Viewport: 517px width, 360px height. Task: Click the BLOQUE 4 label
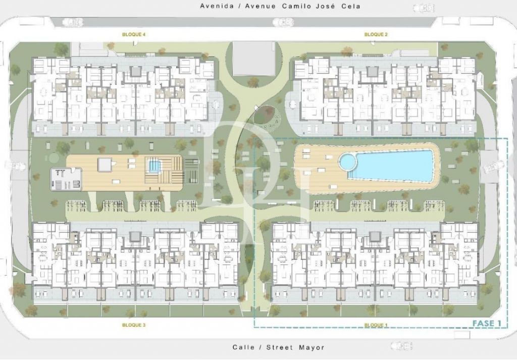click(133, 34)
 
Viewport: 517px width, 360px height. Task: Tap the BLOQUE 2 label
click(376, 34)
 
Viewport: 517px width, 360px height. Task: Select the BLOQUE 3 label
click(133, 325)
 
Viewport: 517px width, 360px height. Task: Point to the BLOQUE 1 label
click(376, 325)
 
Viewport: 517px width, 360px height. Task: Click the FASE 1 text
click(486, 324)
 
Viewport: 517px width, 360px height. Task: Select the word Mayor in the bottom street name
click(312, 347)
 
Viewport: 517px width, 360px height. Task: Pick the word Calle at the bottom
click(243, 347)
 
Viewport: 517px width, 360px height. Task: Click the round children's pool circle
click(348, 161)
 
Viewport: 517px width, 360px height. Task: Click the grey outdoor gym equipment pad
click(66, 179)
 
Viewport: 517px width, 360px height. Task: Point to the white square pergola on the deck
click(105, 164)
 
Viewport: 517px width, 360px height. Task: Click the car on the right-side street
click(493, 166)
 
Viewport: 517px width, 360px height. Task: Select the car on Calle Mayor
click(401, 345)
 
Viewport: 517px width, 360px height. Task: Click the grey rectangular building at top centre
click(254, 59)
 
